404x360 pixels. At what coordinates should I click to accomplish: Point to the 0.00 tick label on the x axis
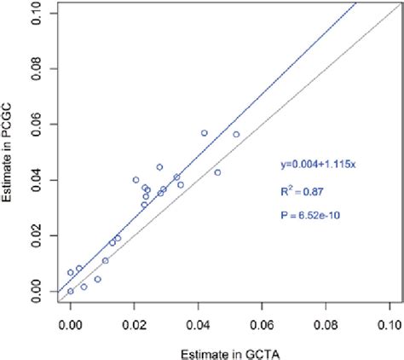point(71,324)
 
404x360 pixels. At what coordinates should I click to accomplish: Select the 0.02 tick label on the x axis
point(134,324)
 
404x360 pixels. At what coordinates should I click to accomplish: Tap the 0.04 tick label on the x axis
point(198,324)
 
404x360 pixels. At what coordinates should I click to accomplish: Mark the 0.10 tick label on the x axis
point(388,324)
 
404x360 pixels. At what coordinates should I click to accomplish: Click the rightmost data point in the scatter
point(236,135)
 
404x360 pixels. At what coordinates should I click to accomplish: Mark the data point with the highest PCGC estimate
point(205,133)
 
